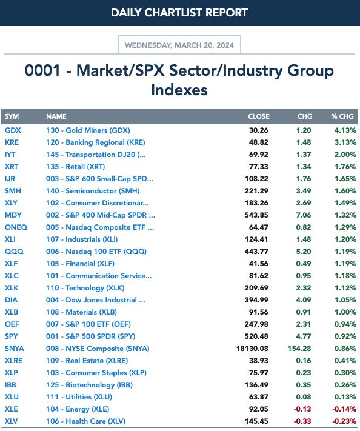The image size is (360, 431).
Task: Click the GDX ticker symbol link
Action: (x=13, y=130)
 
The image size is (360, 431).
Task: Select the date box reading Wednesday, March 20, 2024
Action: (x=179, y=45)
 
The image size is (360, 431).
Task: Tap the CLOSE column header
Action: (x=259, y=116)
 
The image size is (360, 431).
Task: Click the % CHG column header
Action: (x=342, y=116)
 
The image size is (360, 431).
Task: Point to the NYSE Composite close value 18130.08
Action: (x=252, y=349)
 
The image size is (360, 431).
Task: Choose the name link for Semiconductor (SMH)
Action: (x=93, y=191)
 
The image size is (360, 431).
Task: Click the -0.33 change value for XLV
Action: (x=302, y=421)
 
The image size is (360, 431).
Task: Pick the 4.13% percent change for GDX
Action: (x=345, y=130)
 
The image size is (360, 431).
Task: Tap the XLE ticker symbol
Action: (x=12, y=409)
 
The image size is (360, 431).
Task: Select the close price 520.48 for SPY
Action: (x=256, y=336)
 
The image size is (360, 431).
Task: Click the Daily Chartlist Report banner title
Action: (x=179, y=13)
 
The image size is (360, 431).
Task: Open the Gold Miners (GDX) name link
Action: (x=88, y=130)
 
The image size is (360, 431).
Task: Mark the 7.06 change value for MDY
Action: (x=304, y=215)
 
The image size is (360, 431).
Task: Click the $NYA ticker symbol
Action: (x=15, y=349)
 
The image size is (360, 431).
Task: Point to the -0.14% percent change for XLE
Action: (x=344, y=409)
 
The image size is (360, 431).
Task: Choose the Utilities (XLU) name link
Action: (x=79, y=397)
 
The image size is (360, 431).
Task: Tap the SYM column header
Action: (x=12, y=116)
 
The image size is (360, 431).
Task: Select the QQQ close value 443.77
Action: (x=256, y=251)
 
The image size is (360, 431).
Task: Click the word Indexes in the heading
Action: (x=179, y=90)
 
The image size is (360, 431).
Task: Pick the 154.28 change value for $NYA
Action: (x=299, y=349)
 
